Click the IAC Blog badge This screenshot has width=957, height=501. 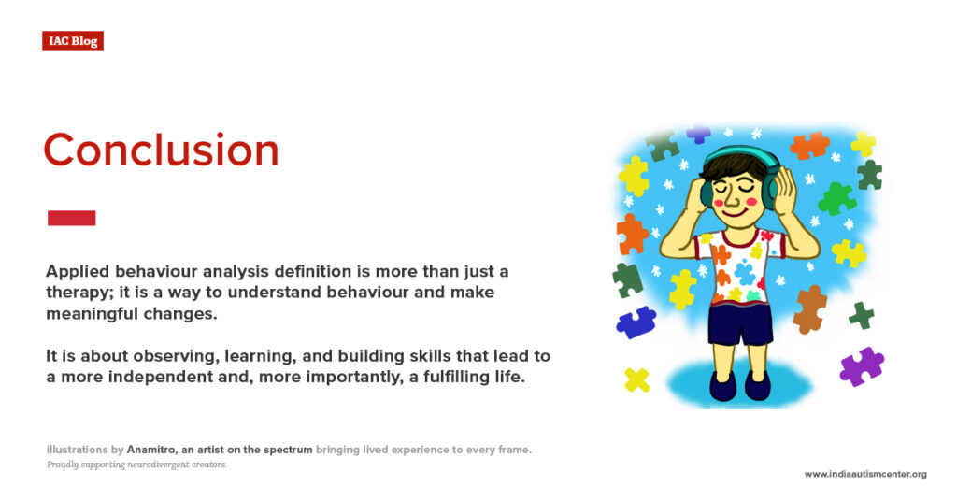(73, 41)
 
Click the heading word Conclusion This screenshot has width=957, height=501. (161, 150)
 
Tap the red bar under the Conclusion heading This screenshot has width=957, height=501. (71, 218)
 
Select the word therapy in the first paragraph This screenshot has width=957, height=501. (74, 293)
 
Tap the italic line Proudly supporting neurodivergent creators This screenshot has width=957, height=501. (136, 465)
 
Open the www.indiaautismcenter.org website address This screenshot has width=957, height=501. (865, 474)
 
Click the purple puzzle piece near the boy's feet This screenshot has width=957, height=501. (861, 365)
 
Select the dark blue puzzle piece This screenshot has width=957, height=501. (636, 322)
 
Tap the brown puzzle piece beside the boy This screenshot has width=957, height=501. (809, 309)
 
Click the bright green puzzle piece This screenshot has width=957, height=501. (836, 198)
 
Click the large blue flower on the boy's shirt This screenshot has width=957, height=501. (745, 272)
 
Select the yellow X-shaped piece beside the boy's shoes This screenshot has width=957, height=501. (637, 379)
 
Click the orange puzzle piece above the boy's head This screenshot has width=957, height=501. (808, 145)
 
